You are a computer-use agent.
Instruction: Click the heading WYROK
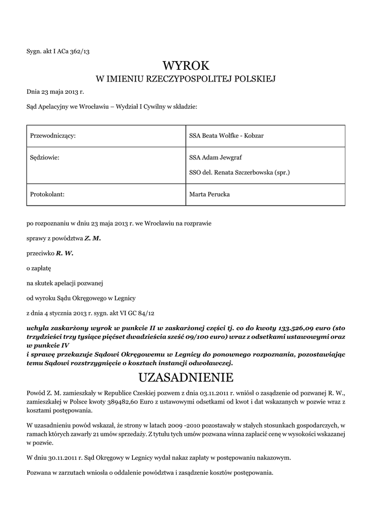tap(186, 66)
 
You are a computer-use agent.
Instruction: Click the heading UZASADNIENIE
tap(186, 378)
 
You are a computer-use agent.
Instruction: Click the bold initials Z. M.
tap(93, 238)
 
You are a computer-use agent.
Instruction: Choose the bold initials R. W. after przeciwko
tap(65, 253)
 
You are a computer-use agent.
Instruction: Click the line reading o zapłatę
tap(39, 268)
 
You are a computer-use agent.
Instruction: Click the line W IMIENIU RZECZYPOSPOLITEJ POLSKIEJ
tap(186, 79)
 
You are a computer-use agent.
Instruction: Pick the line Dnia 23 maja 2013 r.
tap(55, 92)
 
